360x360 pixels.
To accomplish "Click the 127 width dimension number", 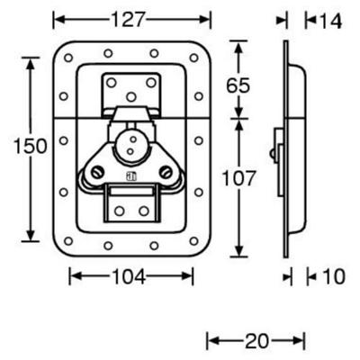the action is pyautogui.click(x=129, y=20).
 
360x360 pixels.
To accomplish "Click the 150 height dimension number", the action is pyautogui.click(x=31, y=146).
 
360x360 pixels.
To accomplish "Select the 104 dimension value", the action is pyautogui.click(x=129, y=276).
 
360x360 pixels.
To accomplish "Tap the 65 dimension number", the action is pyautogui.click(x=238, y=85).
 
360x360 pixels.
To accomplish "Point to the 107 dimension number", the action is pyautogui.click(x=238, y=178).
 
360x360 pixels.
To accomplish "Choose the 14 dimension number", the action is pyautogui.click(x=330, y=21).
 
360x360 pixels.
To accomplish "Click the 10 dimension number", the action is pyautogui.click(x=333, y=276).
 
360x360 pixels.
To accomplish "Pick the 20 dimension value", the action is pyautogui.click(x=257, y=341).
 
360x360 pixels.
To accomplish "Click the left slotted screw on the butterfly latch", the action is pyautogui.click(x=97, y=172).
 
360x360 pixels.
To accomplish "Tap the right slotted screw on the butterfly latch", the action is pyautogui.click(x=166, y=172).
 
